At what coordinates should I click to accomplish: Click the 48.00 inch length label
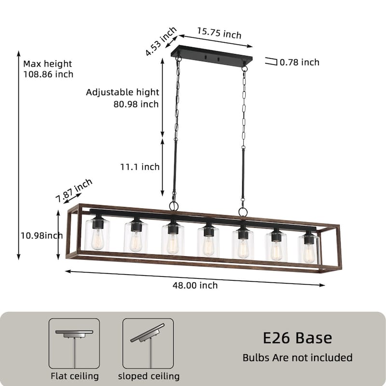point(195,285)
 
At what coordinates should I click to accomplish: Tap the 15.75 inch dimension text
point(219,33)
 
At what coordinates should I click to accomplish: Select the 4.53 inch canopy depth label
point(161,41)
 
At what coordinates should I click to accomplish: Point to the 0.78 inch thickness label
point(299,62)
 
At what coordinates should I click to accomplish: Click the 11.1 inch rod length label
point(140,167)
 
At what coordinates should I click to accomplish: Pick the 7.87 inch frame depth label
point(74,190)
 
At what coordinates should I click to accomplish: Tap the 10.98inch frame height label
point(41,235)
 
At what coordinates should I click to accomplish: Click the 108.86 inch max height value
point(48,74)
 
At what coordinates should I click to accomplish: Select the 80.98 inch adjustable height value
point(136,104)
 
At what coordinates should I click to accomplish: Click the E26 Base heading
point(297,338)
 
